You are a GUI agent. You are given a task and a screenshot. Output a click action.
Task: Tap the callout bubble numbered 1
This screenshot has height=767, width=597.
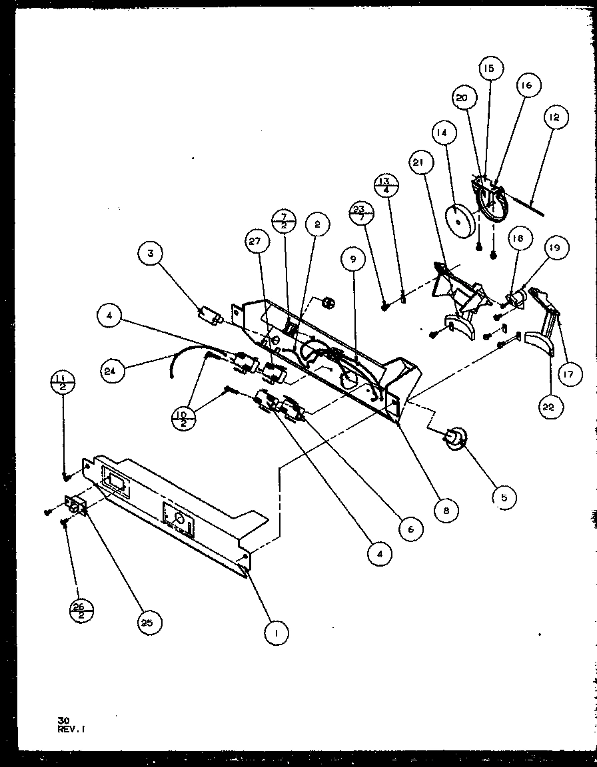coord(276,633)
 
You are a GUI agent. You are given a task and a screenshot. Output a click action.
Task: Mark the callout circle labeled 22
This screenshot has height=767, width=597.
coord(548,407)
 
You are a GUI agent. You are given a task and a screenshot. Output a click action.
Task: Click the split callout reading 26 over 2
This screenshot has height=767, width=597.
coord(81,609)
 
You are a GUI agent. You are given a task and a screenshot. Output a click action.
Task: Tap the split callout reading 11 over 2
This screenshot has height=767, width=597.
coord(62,385)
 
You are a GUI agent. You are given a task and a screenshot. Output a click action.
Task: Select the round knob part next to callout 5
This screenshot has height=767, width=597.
coord(455,440)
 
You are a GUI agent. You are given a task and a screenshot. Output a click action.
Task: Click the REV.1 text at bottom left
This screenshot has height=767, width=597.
coord(71,728)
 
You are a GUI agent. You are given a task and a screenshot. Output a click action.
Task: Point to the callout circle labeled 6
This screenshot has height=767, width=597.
coord(410,528)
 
